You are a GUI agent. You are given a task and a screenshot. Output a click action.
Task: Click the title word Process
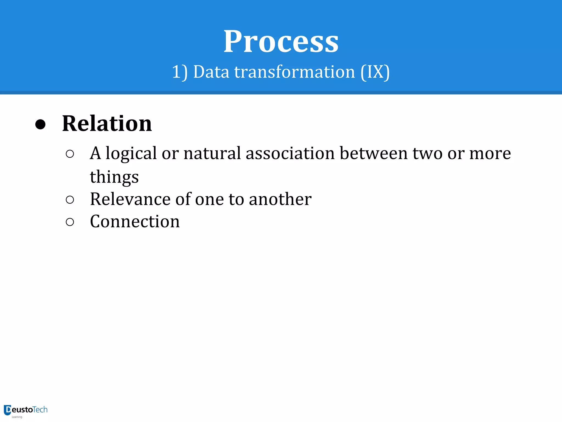click(x=281, y=42)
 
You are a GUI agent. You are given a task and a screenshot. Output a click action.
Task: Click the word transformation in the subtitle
click(x=294, y=72)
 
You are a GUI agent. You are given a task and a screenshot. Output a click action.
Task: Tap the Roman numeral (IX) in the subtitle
click(x=375, y=72)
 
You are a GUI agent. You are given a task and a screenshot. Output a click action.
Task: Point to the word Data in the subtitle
click(x=211, y=72)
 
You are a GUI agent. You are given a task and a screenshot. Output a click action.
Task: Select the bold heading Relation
click(x=107, y=124)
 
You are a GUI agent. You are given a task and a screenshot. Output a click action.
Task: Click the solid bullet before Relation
click(x=40, y=124)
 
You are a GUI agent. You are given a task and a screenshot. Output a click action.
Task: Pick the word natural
click(x=212, y=153)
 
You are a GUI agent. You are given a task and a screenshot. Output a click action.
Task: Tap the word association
click(x=290, y=153)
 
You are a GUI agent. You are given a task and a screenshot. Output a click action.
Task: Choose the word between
click(x=373, y=153)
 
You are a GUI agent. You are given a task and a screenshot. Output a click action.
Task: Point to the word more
click(x=490, y=154)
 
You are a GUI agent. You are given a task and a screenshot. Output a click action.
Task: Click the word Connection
click(x=135, y=221)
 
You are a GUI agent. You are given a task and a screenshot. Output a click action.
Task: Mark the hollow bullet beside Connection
click(x=70, y=222)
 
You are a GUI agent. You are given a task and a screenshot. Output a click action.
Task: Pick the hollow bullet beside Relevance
click(x=70, y=200)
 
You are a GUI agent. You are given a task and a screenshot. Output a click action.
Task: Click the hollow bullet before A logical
click(x=70, y=154)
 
